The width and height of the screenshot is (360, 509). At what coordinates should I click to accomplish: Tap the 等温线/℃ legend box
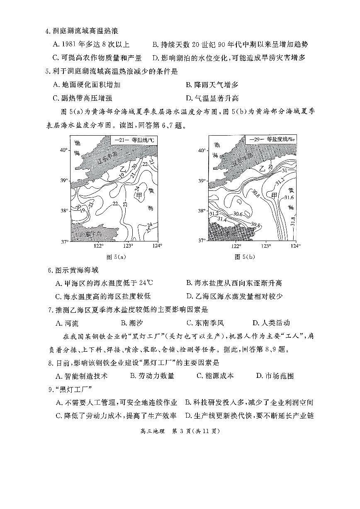[134, 140]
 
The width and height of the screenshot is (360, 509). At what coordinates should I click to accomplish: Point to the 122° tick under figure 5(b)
[235, 246]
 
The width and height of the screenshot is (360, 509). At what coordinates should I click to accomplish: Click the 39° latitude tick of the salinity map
[201, 181]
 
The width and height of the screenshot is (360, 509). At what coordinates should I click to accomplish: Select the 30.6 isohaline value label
[238, 214]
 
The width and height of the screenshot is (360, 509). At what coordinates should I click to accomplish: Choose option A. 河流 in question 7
[66, 323]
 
